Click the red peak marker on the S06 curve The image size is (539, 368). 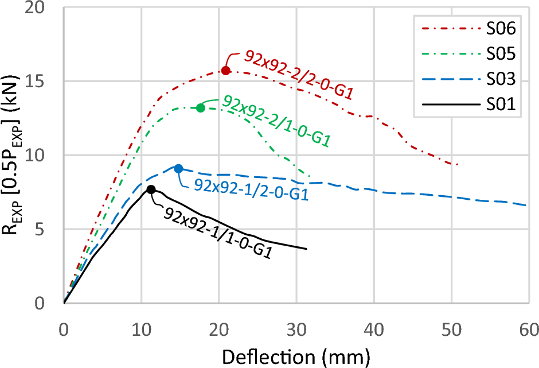coord(226,70)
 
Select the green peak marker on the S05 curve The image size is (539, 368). coord(201,108)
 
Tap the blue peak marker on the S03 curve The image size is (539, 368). coord(178,168)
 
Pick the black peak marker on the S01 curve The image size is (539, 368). coord(151,189)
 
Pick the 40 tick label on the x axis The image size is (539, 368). coord(373,330)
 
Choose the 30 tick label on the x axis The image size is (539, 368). coord(296,330)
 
